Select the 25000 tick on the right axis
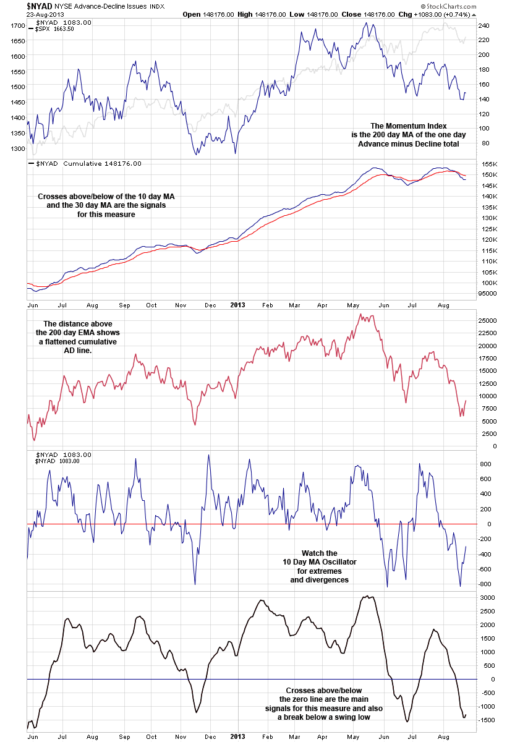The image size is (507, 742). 489,320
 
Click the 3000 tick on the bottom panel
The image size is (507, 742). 487,597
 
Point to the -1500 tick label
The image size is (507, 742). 486,720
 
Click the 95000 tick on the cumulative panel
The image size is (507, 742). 489,293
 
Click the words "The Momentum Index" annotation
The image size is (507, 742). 409,124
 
